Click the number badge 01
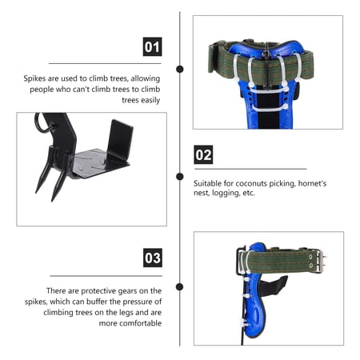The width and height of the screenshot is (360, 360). (x=152, y=46)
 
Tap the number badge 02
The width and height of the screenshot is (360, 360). (x=203, y=154)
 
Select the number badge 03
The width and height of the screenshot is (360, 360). (x=153, y=258)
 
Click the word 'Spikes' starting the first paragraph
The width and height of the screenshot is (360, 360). (x=34, y=78)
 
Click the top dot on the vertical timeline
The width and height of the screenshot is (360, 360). (x=180, y=69)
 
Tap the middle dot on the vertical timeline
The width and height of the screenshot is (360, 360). (x=180, y=176)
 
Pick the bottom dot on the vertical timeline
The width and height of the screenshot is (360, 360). (x=180, y=287)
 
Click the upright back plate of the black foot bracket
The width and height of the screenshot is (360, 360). (x=121, y=141)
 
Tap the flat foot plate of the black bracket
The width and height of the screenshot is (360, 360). (x=98, y=163)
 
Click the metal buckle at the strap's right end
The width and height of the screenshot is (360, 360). (x=321, y=261)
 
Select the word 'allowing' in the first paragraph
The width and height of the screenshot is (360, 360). (x=146, y=78)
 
